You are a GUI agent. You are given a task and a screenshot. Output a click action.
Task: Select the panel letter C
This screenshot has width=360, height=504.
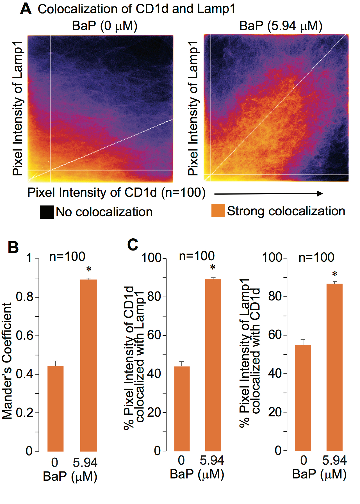pos(133,245)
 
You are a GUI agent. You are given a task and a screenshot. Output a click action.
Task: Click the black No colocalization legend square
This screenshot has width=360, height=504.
pos(47,212)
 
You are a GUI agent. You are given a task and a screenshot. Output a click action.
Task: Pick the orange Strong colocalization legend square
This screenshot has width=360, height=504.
pos(218,211)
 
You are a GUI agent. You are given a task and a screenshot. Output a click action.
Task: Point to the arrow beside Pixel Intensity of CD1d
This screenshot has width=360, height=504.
pos(268,193)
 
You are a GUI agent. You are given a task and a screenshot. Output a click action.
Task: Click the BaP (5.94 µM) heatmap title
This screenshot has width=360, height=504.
pos(281,26)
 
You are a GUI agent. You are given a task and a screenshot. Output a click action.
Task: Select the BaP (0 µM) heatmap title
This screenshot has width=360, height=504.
pos(104,26)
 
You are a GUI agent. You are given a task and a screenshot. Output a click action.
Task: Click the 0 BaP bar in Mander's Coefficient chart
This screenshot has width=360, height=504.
pos(55,409)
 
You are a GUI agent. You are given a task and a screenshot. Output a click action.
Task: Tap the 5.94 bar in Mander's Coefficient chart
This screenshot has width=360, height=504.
pos(88,365)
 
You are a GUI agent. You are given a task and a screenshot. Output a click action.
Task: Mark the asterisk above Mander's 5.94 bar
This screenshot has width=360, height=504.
pos(89,270)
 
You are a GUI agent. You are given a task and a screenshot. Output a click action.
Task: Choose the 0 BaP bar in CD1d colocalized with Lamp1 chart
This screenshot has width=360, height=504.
pos(182,409)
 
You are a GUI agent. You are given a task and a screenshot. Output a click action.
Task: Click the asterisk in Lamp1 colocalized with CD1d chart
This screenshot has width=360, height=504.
pos(335,274)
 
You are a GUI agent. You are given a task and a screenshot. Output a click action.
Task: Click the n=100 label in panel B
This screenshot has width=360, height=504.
pos(67,257)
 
